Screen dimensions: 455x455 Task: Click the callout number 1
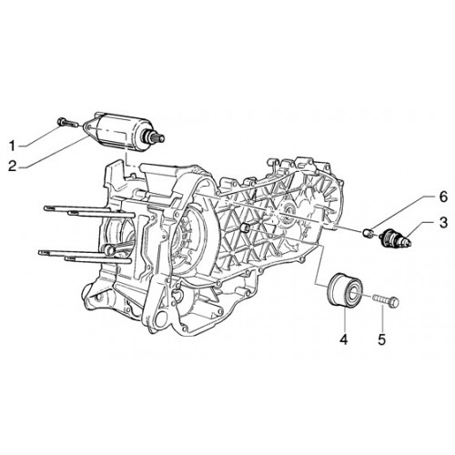tap(12, 146)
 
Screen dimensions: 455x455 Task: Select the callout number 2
tap(13, 166)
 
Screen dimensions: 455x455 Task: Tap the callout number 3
tap(443, 223)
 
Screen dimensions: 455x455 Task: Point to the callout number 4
tap(343, 339)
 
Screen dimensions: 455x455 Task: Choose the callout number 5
tap(381, 339)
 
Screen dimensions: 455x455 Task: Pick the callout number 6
tap(443, 197)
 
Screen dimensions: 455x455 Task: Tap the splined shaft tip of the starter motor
tap(159, 138)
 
